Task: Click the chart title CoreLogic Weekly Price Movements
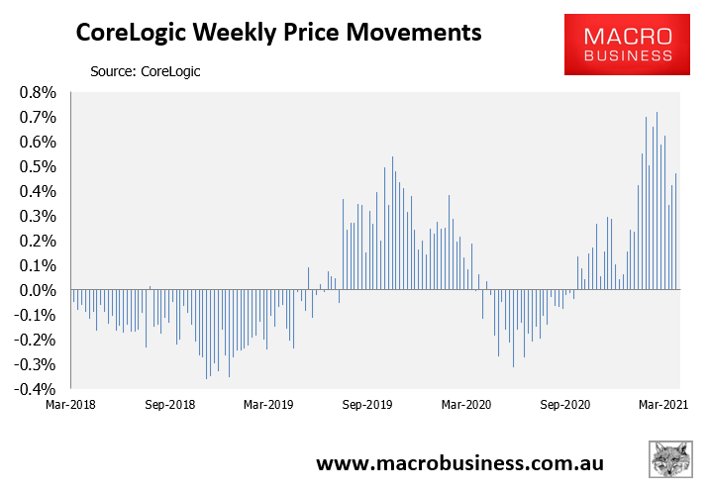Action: (x=279, y=35)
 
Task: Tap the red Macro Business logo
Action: (x=626, y=45)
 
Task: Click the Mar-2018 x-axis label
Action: (x=70, y=405)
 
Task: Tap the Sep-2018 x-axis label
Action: (x=170, y=405)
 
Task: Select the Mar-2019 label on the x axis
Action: (x=267, y=405)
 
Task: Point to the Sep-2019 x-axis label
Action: (x=367, y=405)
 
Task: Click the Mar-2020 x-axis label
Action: (x=465, y=405)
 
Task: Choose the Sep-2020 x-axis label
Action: (x=564, y=405)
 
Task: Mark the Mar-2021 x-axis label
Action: (x=663, y=405)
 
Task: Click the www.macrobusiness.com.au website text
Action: (x=459, y=463)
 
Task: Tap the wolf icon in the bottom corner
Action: (x=672, y=463)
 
